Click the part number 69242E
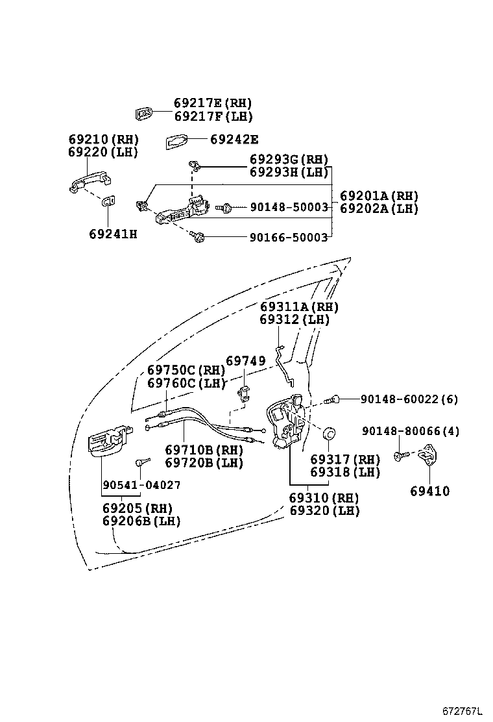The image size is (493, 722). click(x=234, y=140)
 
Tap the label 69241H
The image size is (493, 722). click(x=113, y=234)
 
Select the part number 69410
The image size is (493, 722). click(x=429, y=492)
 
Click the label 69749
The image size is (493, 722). click(x=245, y=360)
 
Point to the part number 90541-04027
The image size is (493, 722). click(x=141, y=485)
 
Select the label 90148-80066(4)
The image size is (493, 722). click(x=411, y=430)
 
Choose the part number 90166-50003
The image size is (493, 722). click(x=289, y=238)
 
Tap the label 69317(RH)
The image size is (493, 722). click(x=344, y=460)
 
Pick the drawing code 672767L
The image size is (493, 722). click(x=463, y=711)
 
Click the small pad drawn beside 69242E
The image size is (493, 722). click(x=176, y=141)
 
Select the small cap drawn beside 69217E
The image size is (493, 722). click(x=144, y=114)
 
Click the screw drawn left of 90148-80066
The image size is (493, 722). click(x=401, y=456)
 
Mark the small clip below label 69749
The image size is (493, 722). click(x=245, y=393)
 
